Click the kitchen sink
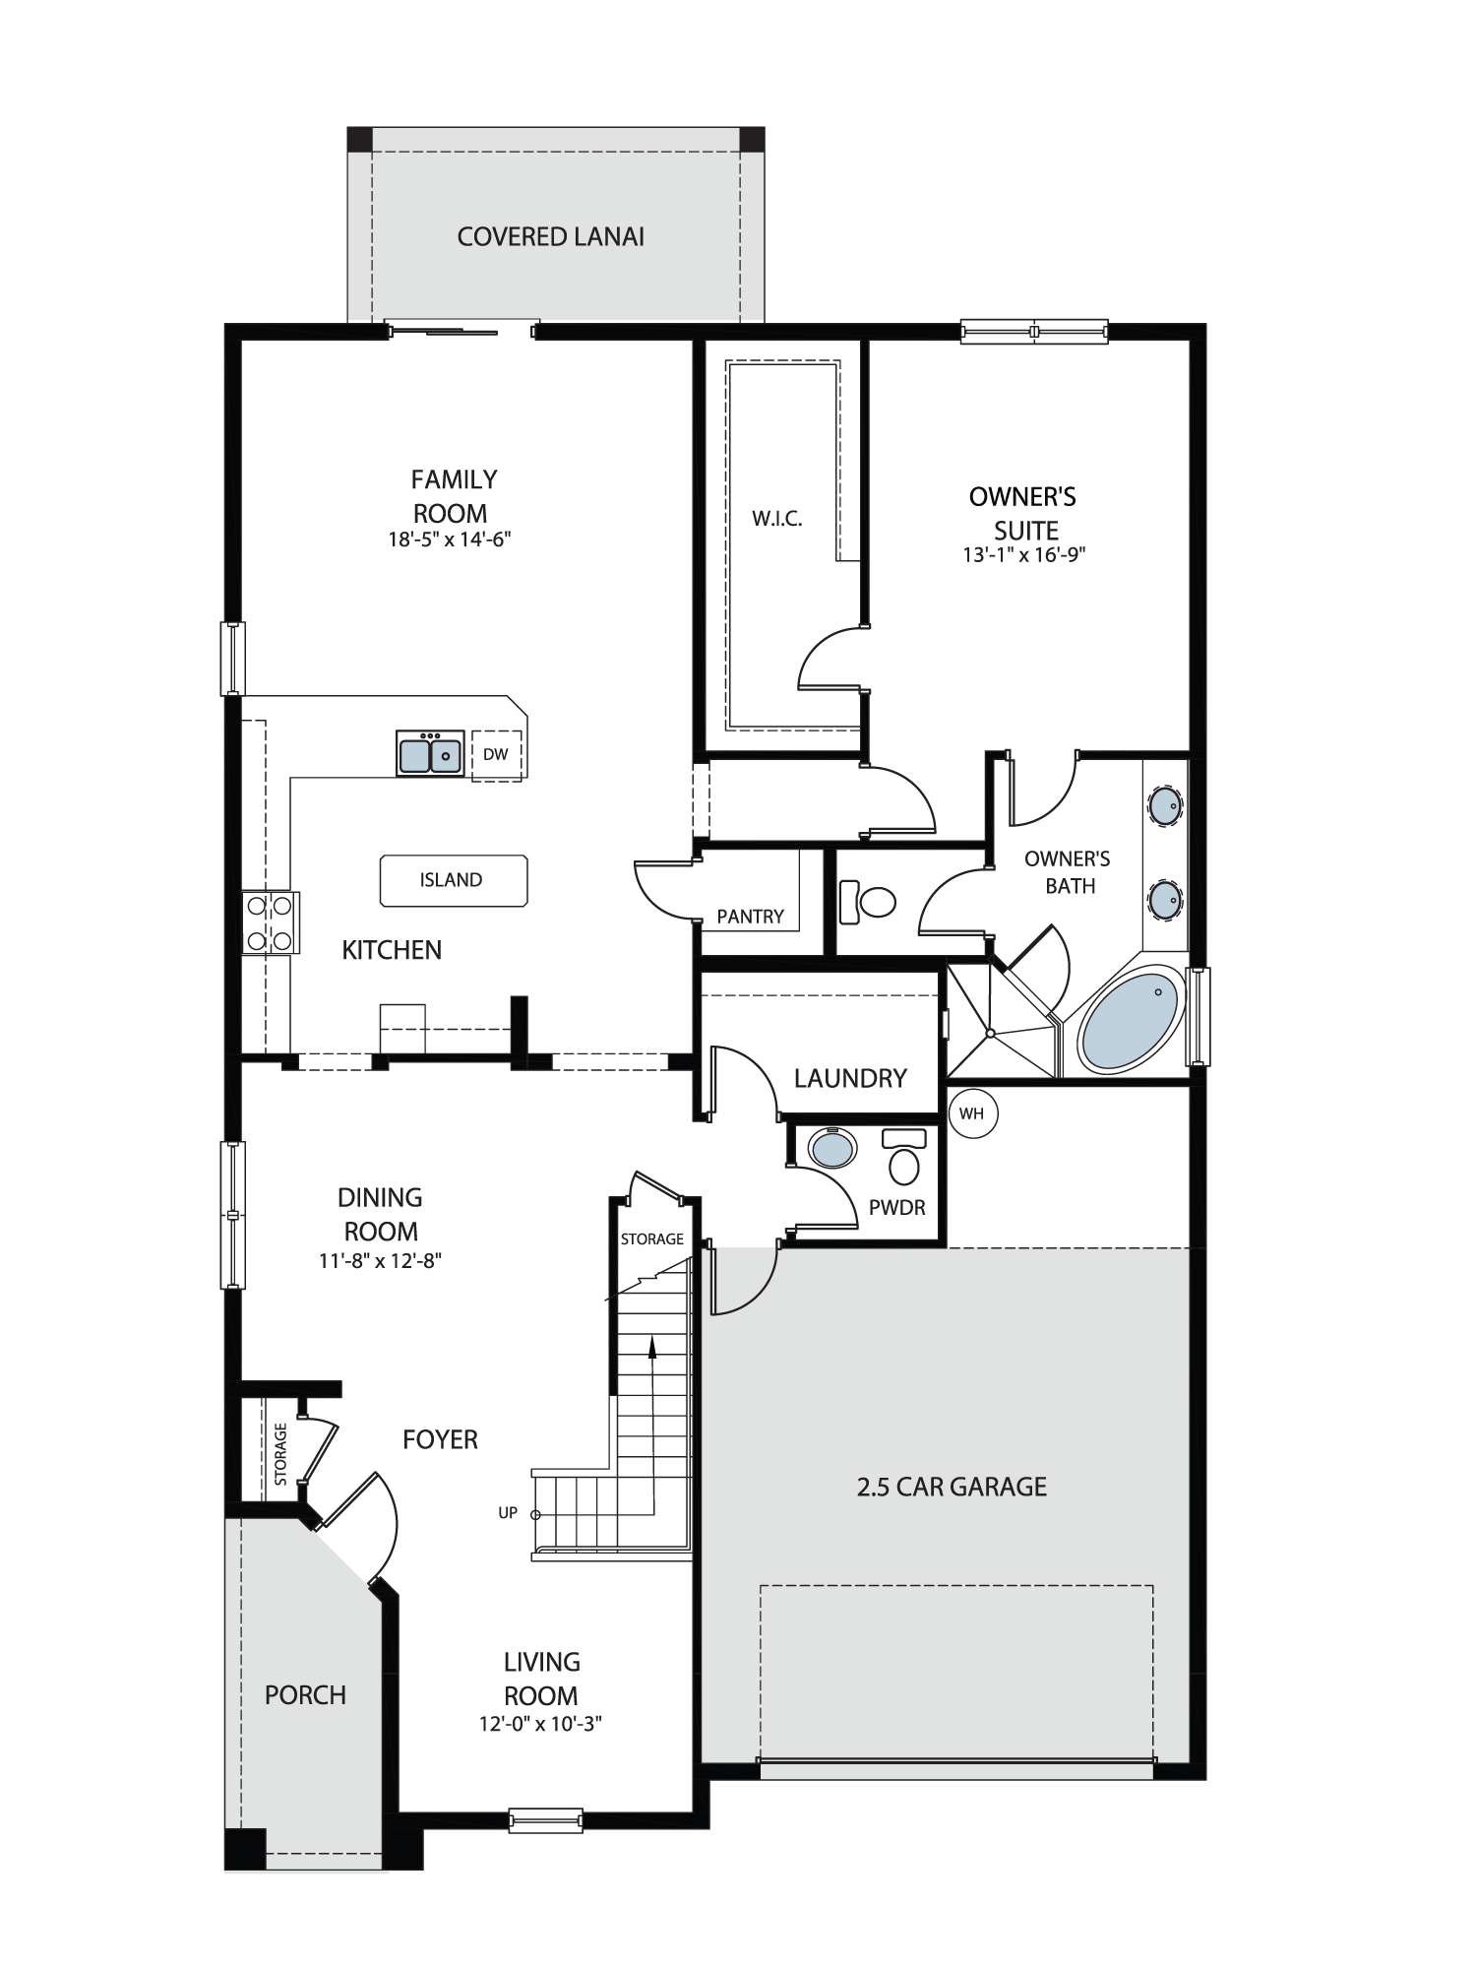pos(430,753)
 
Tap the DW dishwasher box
pos(496,755)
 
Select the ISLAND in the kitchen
pos(454,880)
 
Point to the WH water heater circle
pos(972,1113)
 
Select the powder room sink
pos(832,1147)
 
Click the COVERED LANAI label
pos(551,236)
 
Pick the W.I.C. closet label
pos(777,519)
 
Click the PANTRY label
pos(751,917)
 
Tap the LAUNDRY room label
pos(850,1078)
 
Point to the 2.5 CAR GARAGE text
pos(952,1487)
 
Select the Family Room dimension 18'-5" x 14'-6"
pos(450,540)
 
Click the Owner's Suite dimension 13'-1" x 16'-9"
pos(1023,554)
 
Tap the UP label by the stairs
pos(508,1513)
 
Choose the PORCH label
pos(305,1695)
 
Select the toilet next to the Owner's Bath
pos(868,902)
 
